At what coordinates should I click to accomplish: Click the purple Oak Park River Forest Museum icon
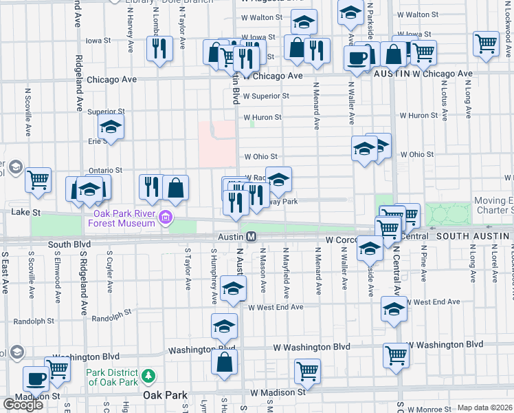pos(164,219)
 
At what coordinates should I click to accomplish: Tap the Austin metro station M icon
pos(252,237)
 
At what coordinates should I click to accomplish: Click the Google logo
pos(23,405)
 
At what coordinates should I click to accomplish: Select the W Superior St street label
pos(266,96)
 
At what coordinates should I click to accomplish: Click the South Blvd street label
pos(69,244)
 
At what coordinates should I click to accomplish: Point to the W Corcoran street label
pos(343,240)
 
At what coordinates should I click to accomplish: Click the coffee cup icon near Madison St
pos(36,378)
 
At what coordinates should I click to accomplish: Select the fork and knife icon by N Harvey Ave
pos(159,48)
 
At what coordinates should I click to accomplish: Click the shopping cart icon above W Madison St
pos(307,371)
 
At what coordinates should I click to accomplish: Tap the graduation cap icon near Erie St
pos(110,127)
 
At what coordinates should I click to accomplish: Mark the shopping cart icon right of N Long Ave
pos(486,43)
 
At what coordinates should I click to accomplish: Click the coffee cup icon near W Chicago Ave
pos(357,59)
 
